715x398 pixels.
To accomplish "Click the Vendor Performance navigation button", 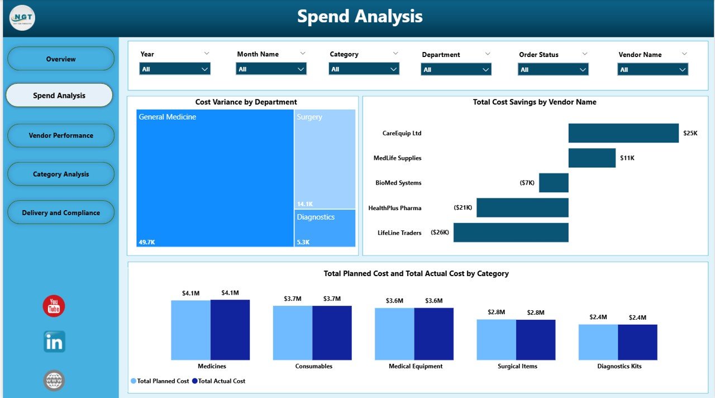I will click(x=61, y=135).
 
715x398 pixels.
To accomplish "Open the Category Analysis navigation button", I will click(x=61, y=174).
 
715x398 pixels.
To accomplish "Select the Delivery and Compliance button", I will click(x=61, y=212).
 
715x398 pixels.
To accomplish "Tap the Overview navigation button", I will click(x=61, y=59).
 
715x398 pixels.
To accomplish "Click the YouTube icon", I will click(x=54, y=306).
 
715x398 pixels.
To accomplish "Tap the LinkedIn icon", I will click(x=54, y=342).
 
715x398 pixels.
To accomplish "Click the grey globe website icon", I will click(x=54, y=381).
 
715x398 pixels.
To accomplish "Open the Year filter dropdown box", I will click(x=175, y=69).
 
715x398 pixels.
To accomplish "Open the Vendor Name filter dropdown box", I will click(x=652, y=69).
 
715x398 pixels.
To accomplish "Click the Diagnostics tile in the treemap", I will click(x=325, y=228).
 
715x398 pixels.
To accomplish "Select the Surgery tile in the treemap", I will click(x=325, y=159).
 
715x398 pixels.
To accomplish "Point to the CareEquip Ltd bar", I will click(x=623, y=133).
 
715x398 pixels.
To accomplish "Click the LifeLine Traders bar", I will click(x=511, y=233).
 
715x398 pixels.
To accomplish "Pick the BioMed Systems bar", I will click(x=554, y=183).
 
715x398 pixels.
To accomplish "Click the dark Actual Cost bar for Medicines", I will click(x=230, y=330).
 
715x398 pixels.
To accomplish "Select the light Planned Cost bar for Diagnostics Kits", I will click(x=598, y=342).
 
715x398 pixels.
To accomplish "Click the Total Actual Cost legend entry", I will click(x=219, y=381).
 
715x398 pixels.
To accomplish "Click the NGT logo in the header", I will click(x=22, y=18).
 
